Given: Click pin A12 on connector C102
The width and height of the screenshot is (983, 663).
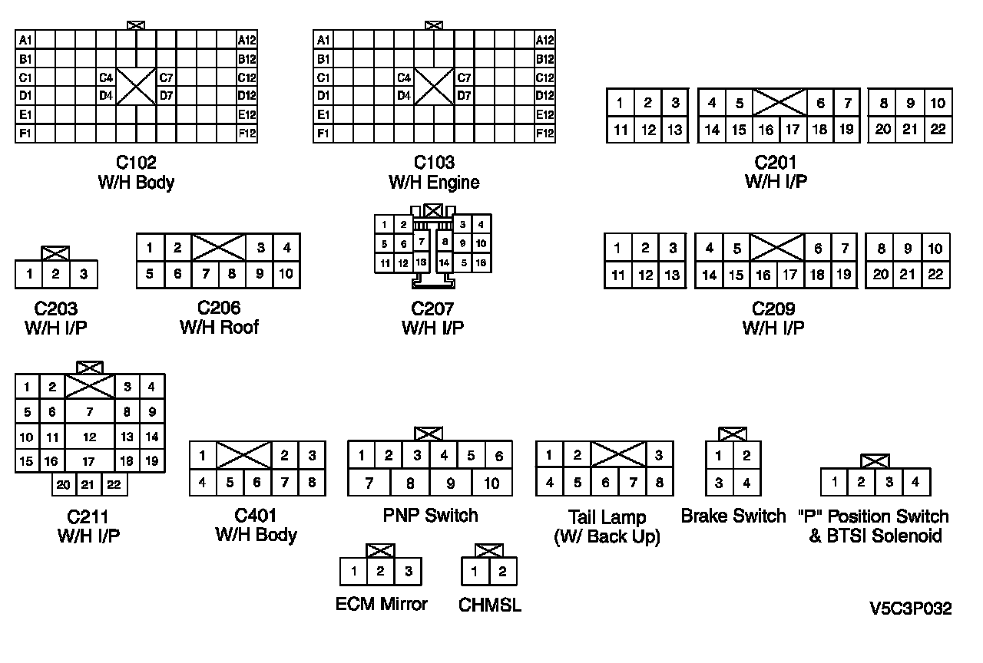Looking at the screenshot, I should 247,40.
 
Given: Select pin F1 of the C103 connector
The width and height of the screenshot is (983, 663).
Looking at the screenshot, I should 323,134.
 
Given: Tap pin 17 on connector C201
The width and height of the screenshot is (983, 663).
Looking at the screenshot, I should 793,130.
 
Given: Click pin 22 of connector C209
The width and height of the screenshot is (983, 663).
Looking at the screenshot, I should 935,275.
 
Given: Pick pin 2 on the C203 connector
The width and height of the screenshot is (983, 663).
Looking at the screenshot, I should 55,275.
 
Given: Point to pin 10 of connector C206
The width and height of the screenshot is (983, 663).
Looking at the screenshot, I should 286,274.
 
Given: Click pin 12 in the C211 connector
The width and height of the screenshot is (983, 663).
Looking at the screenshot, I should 90,437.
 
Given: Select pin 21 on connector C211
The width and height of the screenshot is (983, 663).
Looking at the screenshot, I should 89,485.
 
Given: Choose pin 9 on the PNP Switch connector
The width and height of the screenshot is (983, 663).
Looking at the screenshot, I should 451,483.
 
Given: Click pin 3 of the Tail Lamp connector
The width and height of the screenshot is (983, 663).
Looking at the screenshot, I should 659,455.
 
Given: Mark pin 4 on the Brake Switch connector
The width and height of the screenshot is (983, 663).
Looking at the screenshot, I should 746,483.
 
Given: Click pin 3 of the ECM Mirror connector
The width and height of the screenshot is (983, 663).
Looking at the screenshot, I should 408,572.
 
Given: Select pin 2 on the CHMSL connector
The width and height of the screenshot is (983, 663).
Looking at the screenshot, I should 502,572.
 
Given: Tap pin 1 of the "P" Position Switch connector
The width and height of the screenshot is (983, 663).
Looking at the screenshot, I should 834,483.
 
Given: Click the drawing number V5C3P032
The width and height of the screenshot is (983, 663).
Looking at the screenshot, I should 910,609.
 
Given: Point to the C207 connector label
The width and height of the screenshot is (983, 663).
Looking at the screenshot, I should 432,309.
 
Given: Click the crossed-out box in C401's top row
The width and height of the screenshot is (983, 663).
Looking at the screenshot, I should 243,456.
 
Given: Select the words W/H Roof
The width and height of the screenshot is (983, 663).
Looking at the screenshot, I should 219,328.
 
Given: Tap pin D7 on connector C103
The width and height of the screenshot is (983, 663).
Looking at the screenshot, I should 465,96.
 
